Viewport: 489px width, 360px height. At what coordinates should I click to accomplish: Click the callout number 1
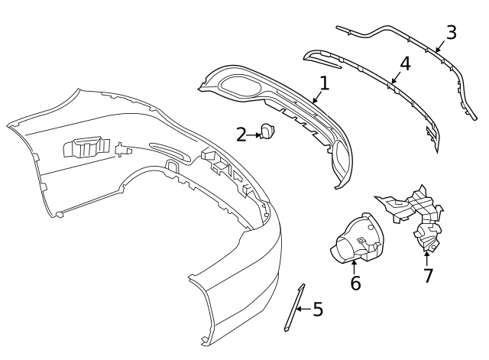(x=324, y=83)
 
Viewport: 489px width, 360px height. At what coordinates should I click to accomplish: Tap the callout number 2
(x=241, y=135)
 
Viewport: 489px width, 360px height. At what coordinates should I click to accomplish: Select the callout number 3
(x=451, y=32)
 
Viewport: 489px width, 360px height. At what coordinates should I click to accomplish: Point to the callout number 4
(x=405, y=63)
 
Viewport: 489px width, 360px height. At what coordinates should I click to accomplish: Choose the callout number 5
(x=318, y=310)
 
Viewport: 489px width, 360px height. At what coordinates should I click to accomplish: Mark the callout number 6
(x=355, y=283)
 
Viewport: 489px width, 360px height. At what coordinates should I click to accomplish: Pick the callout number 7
(x=428, y=275)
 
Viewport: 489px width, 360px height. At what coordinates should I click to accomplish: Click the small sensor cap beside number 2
(x=268, y=132)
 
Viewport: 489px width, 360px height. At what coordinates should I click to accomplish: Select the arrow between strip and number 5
(x=303, y=309)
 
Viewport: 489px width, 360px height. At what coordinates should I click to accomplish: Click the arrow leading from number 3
(x=441, y=45)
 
